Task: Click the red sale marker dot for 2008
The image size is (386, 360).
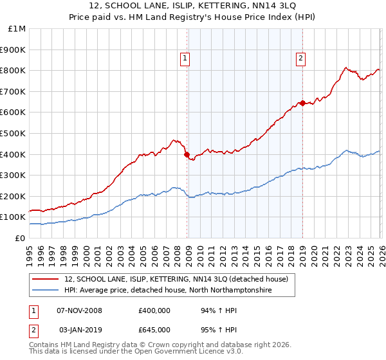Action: click(187, 154)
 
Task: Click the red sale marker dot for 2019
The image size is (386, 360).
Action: click(302, 103)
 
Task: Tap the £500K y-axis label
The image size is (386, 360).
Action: click(14, 133)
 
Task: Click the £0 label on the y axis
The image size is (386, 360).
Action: click(19, 238)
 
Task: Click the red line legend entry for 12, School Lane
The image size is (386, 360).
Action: click(179, 280)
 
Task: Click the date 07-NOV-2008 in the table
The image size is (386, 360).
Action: click(79, 310)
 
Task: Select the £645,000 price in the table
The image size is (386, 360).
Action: click(154, 329)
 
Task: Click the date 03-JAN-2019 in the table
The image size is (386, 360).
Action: click(79, 329)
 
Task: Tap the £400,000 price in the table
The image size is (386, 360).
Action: click(154, 310)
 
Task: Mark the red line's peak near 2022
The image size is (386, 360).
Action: click(345, 67)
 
